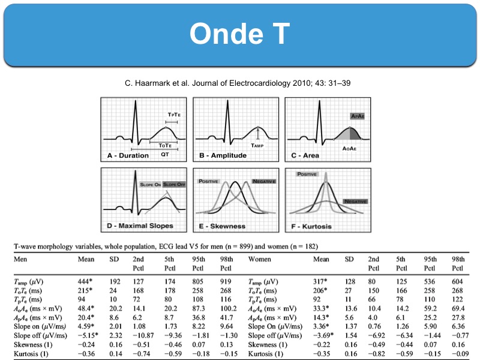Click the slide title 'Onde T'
[239, 35]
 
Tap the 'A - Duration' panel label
[128, 155]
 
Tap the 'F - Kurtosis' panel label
[315, 226]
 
